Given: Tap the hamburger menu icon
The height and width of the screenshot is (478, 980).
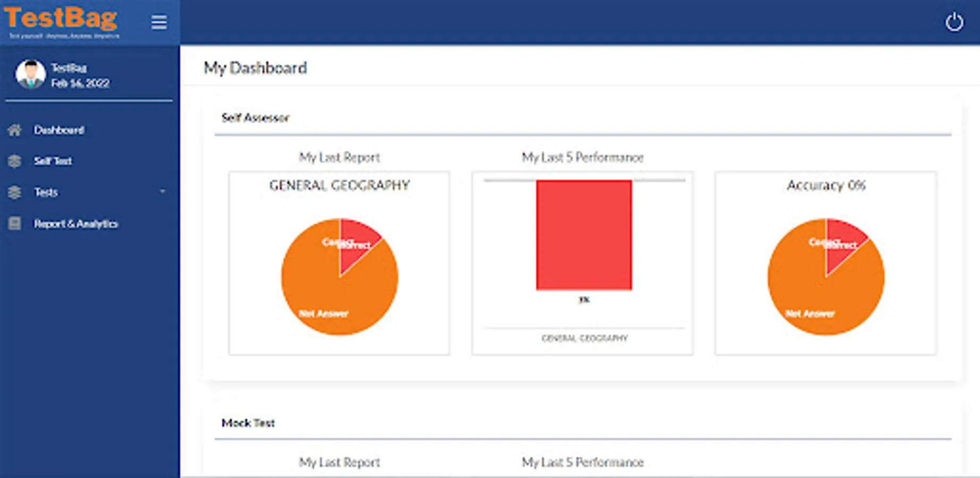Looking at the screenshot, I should tap(159, 22).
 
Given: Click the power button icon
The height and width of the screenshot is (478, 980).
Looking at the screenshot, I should tap(954, 22).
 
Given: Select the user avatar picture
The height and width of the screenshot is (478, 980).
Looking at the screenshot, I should tap(30, 74).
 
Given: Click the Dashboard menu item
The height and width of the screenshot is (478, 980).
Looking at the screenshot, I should tap(58, 130).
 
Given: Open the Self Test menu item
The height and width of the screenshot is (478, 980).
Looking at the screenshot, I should tap(53, 161).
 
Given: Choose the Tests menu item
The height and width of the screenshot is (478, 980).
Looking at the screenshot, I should tap(46, 192).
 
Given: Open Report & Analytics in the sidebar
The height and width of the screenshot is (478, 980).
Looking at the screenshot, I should tap(76, 224).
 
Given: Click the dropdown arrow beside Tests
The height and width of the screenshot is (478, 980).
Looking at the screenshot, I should tap(163, 191).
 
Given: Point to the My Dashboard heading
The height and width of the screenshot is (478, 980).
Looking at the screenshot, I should tap(255, 68).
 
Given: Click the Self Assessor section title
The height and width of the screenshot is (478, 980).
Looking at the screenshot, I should tap(255, 118).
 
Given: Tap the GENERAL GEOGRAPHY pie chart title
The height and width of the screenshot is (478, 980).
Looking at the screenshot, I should tap(339, 185).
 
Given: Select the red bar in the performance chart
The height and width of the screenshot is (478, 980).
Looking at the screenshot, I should tap(584, 235).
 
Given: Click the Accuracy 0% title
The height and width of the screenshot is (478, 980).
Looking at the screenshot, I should tap(826, 185).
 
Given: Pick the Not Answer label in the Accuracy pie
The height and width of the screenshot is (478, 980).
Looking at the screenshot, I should tap(810, 313).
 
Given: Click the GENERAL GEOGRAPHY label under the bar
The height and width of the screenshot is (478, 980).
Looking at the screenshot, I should tap(584, 338).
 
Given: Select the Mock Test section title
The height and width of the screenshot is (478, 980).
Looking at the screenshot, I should tap(248, 423).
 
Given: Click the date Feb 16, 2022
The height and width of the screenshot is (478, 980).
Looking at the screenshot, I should tap(80, 83).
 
